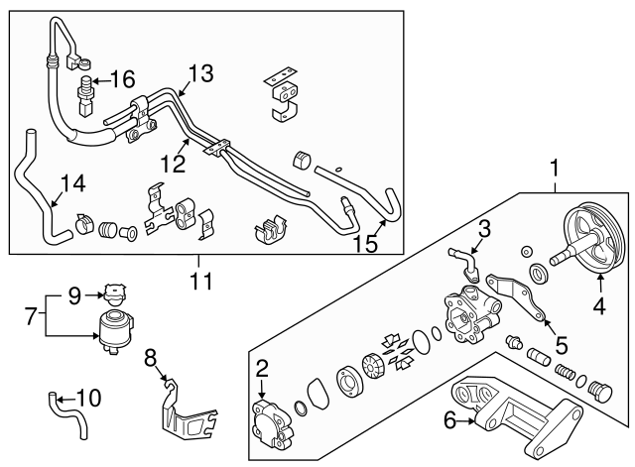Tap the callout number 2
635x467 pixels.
[262, 370]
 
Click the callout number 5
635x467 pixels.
[561, 346]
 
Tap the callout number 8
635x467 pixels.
[151, 357]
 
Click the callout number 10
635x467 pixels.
[88, 398]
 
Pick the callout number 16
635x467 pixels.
[123, 76]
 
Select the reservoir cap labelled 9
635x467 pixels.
[113, 294]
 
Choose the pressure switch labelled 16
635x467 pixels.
[86, 90]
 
